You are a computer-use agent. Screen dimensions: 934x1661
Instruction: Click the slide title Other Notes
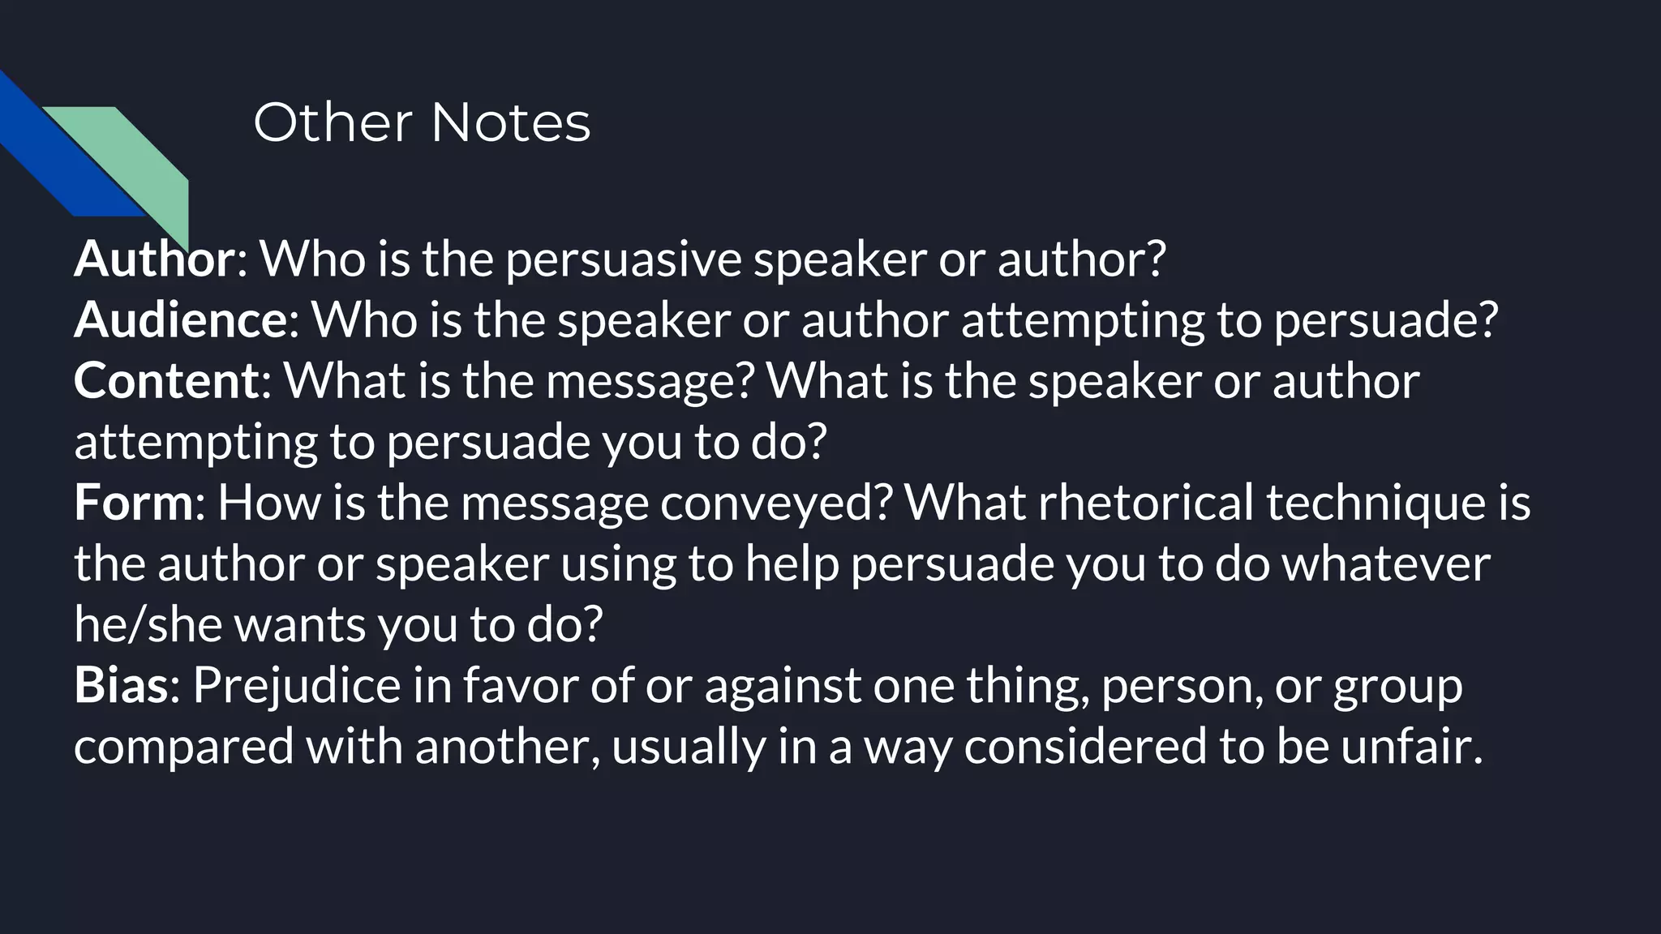422,123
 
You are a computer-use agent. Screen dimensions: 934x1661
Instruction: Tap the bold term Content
166,380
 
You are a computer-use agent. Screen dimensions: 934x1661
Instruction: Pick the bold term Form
134,502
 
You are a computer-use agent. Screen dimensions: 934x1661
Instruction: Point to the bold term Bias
121,684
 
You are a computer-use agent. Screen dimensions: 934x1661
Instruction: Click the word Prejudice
297,686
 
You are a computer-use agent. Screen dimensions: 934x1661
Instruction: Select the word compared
183,747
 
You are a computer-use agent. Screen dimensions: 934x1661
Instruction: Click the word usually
689,747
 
